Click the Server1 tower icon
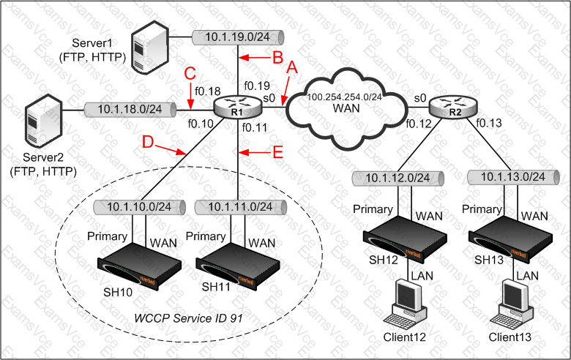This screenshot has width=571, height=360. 148,49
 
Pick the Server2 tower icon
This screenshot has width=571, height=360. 40,124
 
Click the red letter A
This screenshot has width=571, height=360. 292,67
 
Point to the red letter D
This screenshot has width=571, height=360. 148,142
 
